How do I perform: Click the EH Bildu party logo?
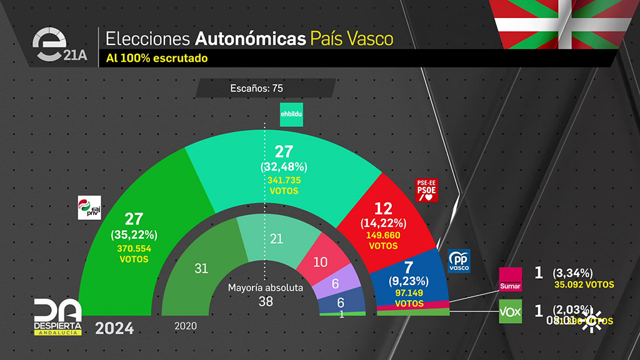[291, 114]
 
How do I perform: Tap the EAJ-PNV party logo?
[89, 207]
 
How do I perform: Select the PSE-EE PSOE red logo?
[427, 190]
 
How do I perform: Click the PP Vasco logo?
[459, 261]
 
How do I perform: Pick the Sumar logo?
[510, 279]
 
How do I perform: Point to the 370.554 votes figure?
[134, 248]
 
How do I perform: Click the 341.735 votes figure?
[284, 180]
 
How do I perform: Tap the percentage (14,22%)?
[383, 223]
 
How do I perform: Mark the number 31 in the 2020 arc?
[201, 268]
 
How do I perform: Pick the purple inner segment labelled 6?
[336, 283]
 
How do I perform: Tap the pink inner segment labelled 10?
[320, 262]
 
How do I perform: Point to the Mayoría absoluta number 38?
[266, 301]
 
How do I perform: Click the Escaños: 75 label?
[257, 89]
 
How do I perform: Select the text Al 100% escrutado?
[156, 58]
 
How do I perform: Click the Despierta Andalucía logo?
[57, 316]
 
